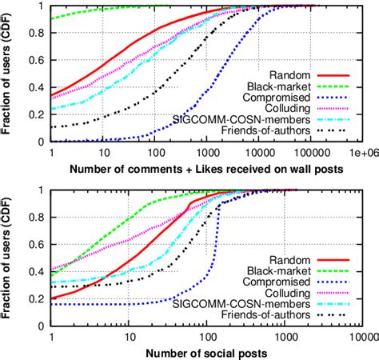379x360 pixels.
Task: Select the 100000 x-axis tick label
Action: (308, 152)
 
